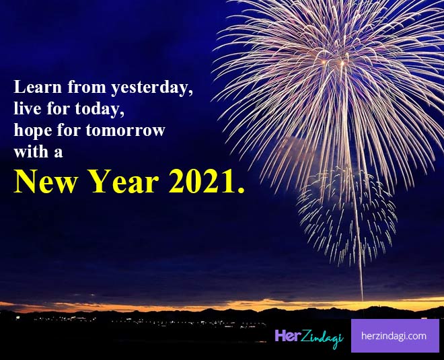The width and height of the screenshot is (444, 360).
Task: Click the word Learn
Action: click(x=38, y=87)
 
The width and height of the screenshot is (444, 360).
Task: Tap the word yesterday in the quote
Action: click(x=152, y=88)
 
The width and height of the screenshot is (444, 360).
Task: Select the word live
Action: click(x=28, y=108)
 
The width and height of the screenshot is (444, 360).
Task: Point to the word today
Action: click(x=100, y=110)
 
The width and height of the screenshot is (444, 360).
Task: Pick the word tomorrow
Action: click(x=125, y=131)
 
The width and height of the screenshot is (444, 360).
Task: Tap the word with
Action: click(x=31, y=151)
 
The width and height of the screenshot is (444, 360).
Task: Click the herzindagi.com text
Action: click(x=394, y=336)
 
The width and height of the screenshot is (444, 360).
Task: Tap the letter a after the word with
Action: click(x=59, y=153)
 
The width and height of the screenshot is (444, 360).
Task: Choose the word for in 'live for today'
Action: click(x=59, y=108)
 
